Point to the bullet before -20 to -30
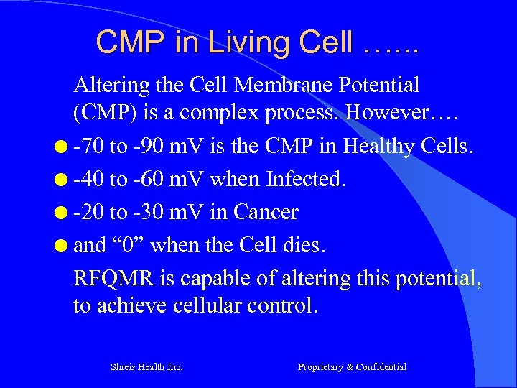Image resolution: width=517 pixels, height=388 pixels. [62, 213]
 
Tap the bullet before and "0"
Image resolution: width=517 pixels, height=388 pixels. [62, 246]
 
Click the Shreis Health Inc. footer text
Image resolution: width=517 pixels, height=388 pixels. [146, 367]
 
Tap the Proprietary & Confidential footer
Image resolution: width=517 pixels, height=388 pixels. [352, 367]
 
